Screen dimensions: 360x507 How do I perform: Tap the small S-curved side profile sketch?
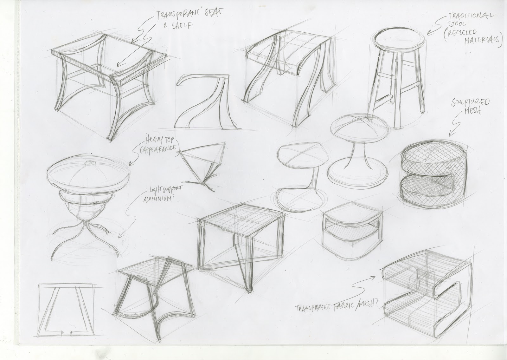[x=203, y=101]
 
